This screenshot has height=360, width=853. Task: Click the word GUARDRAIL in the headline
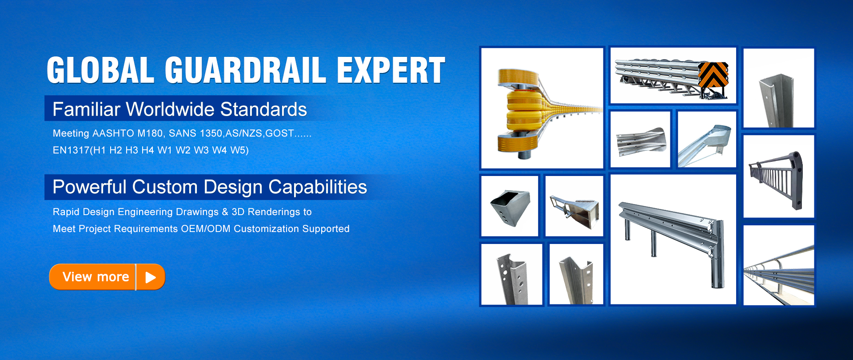(246, 70)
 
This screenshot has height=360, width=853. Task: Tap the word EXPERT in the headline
(391, 70)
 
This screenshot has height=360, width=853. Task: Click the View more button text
(96, 277)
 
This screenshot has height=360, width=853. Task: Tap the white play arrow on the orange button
(151, 277)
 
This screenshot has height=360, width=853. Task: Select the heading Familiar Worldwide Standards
(179, 109)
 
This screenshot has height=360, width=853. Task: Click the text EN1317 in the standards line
(71, 150)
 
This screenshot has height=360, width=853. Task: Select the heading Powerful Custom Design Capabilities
(210, 187)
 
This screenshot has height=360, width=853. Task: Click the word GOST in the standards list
(279, 133)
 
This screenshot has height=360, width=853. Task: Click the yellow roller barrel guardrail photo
(542, 108)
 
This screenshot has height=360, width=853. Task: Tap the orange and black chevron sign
(713, 74)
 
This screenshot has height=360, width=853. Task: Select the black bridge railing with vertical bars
(778, 176)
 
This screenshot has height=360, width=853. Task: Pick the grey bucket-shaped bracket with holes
(510, 206)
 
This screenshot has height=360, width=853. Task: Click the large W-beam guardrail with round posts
(673, 239)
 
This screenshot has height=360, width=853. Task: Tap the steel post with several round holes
(512, 274)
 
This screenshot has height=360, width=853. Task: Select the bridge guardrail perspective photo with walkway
(778, 265)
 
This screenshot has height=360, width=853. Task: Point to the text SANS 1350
(195, 133)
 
